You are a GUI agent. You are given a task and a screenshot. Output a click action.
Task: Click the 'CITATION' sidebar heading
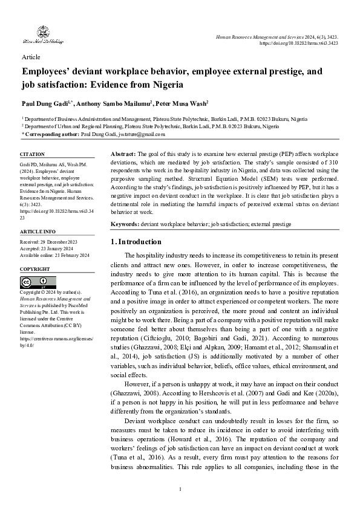tap(33, 155)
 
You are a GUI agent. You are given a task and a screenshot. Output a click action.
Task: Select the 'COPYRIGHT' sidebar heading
tap(35, 268)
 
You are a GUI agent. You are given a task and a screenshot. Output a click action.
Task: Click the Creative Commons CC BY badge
tap(34, 282)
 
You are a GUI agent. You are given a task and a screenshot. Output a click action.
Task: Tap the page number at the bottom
tap(180, 488)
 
